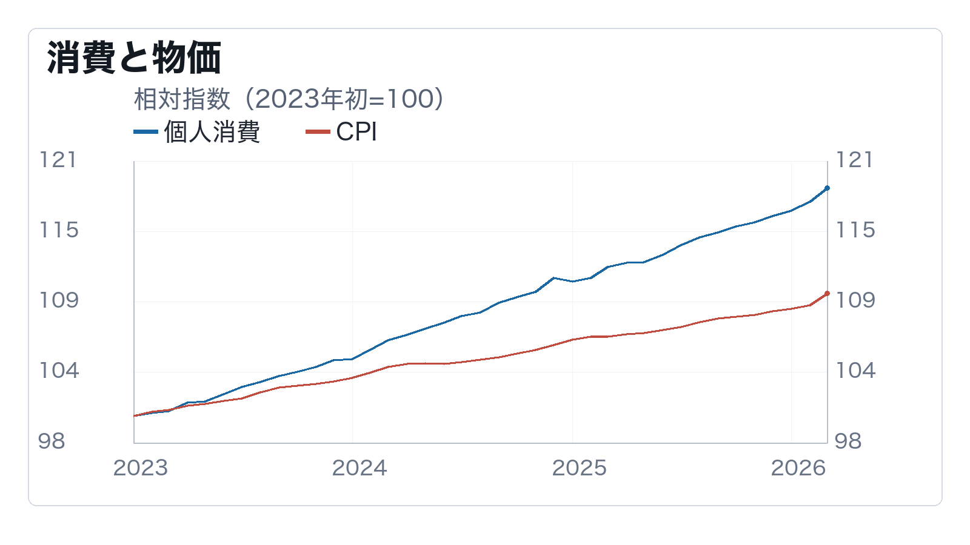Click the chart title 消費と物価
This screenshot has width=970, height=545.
pyautogui.click(x=134, y=58)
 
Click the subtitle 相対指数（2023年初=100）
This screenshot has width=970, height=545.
pyautogui.click(x=289, y=99)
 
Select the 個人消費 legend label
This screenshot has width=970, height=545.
pyautogui.click(x=212, y=131)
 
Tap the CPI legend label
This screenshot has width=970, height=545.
pyautogui.click(x=356, y=131)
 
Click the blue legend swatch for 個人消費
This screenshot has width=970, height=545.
pyautogui.click(x=146, y=131)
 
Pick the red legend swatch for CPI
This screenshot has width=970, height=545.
pyautogui.click(x=318, y=131)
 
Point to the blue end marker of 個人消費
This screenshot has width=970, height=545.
pyautogui.click(x=827, y=188)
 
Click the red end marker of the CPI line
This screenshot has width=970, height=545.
pyautogui.click(x=827, y=294)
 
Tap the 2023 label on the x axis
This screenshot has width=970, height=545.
pyautogui.click(x=141, y=468)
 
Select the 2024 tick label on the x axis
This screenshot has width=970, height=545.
pyautogui.click(x=360, y=468)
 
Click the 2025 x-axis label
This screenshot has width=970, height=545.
pyautogui.click(x=580, y=468)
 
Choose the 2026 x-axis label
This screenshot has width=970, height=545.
pyautogui.click(x=798, y=468)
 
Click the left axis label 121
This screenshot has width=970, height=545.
pyautogui.click(x=58, y=160)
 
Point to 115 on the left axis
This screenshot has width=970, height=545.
pyautogui.click(x=59, y=230)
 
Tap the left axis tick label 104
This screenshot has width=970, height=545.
pyautogui.click(x=59, y=371)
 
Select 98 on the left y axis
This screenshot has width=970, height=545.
pyautogui.click(x=52, y=441)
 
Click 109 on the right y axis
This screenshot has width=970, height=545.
pyautogui.click(x=855, y=300)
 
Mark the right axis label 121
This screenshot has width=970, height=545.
pyautogui.click(x=854, y=160)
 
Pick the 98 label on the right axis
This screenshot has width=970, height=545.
pyautogui.click(x=848, y=441)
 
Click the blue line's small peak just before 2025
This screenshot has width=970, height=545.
pyautogui.click(x=554, y=278)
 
